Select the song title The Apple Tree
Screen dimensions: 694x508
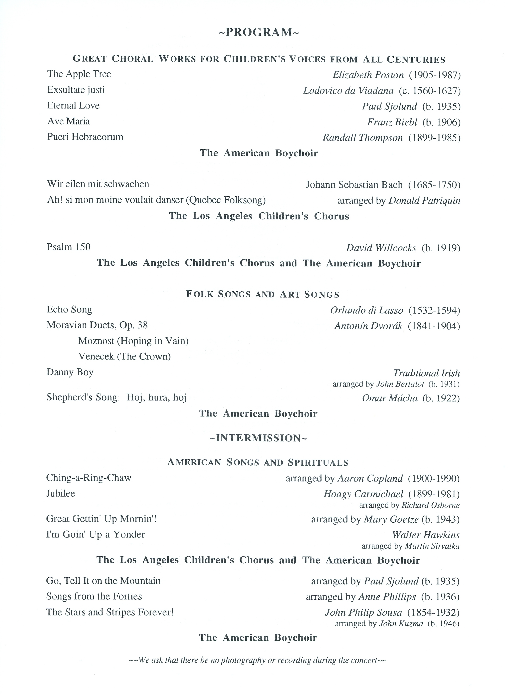(x=79, y=74)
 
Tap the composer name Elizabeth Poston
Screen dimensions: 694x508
(x=368, y=75)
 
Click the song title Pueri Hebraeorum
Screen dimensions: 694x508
(x=85, y=137)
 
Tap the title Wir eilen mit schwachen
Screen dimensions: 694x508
(x=98, y=184)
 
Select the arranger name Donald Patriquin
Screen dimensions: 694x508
(x=424, y=201)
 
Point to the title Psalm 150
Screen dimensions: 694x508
(x=68, y=247)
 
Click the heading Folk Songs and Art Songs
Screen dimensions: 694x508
(x=263, y=294)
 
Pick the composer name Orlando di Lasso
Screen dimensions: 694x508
(x=367, y=310)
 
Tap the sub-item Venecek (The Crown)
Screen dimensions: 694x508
(x=124, y=356)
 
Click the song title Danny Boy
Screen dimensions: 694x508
(x=70, y=372)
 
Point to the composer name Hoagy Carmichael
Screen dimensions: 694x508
(x=363, y=494)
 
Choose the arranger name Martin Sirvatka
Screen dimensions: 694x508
(x=432, y=546)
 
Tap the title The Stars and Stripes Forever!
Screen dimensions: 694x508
(x=110, y=612)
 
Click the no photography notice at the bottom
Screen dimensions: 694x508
(x=258, y=660)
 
